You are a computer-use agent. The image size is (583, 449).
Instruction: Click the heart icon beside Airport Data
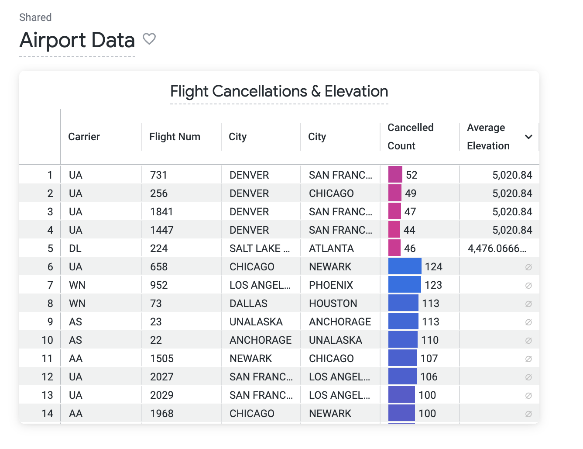149,39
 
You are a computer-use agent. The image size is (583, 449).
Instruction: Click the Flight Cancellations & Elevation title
279,91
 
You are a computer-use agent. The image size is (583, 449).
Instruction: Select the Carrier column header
84,137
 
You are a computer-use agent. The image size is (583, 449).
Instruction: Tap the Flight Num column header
175,137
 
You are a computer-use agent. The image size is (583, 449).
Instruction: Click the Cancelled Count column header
410,137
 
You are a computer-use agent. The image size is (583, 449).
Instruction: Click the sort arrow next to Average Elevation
528,137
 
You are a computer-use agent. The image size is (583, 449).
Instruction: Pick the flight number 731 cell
159,175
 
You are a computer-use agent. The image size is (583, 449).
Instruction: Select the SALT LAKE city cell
259,249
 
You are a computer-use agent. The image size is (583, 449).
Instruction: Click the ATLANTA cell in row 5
331,249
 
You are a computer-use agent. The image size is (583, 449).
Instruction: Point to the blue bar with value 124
405,267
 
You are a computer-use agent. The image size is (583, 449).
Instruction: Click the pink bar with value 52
395,175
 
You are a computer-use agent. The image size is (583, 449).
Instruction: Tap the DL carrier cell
75,249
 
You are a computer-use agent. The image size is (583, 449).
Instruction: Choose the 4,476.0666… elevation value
497,249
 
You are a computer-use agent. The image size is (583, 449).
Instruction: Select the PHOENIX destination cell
331,285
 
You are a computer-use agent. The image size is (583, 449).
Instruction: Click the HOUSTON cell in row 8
333,304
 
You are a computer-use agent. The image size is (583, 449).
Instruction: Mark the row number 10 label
47,340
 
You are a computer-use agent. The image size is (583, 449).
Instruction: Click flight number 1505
162,359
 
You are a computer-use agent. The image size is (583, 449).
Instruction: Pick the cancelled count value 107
429,359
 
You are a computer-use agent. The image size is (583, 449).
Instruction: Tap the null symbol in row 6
528,267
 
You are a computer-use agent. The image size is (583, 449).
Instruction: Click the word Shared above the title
35,17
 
